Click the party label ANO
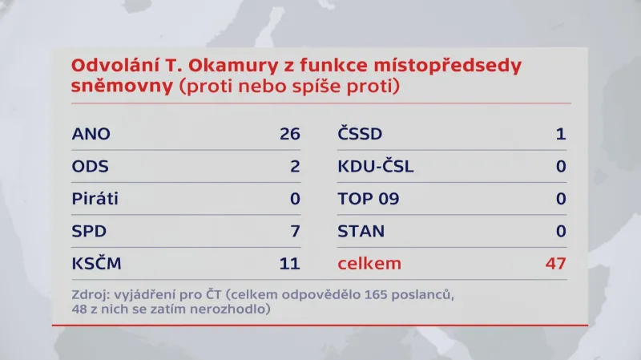pos(91,134)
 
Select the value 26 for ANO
pos(289,134)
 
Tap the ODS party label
pos(90,166)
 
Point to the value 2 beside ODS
pos(294,166)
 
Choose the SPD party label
pos(89,232)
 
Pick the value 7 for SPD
pos(294,232)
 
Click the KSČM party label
pos(97,263)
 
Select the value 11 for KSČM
pos(289,264)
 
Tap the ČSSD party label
pos(360,133)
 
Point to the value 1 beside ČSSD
pos(561,134)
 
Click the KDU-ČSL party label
pos(376,166)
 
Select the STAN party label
pos(361,232)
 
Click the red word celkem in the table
pos(369,264)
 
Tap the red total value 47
pos(554,264)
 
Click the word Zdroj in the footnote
pos(89,294)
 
